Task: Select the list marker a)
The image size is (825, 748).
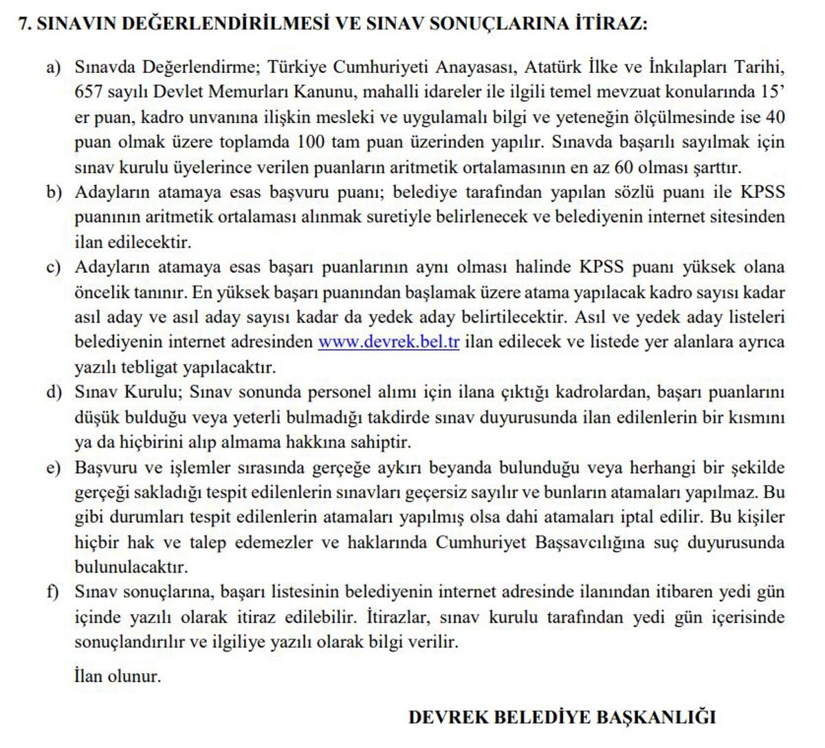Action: point(54,67)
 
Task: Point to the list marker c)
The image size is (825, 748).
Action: point(54,267)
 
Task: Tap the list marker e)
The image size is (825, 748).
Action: point(54,468)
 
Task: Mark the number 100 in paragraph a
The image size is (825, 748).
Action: point(312,142)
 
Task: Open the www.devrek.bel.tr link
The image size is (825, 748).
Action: point(388,342)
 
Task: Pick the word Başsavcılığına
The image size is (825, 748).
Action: point(588,543)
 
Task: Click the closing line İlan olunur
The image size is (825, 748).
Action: point(118,676)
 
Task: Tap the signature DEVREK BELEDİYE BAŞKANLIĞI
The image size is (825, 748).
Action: point(562,718)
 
